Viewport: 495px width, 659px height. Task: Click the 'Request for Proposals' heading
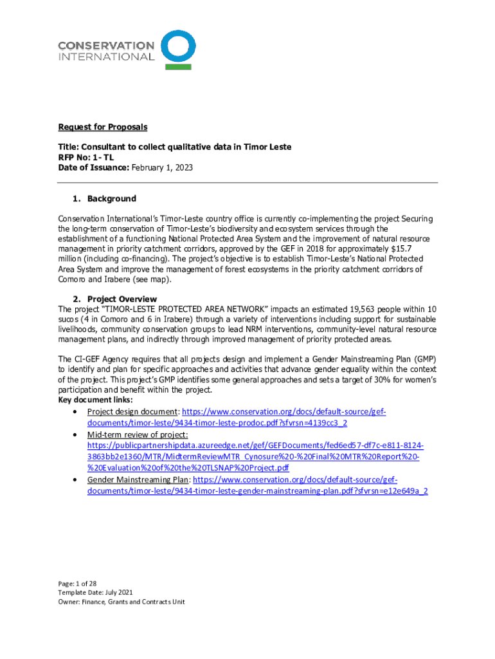click(x=102, y=127)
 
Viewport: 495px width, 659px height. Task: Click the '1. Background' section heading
click(x=105, y=199)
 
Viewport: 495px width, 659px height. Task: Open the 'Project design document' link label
click(x=132, y=411)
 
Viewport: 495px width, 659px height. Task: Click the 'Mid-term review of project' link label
click(x=137, y=435)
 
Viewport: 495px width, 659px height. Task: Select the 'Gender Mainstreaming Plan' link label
click(x=138, y=480)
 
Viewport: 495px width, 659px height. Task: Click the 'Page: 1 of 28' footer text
click(x=77, y=583)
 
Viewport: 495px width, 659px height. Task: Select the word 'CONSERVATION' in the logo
click(x=106, y=46)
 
